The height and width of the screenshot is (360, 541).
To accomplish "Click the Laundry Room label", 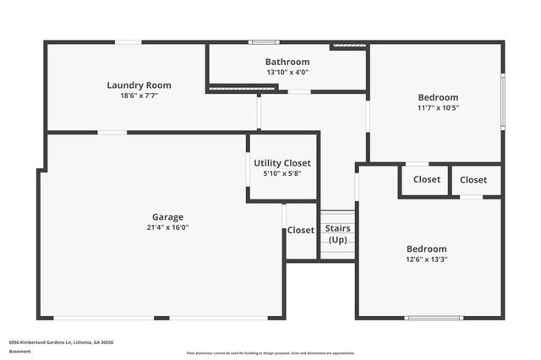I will pos(139,85).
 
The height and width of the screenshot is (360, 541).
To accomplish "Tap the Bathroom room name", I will pos(287,62).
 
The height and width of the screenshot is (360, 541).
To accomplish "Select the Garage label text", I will pos(167,216).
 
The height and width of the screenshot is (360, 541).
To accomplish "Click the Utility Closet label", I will pos(282,162).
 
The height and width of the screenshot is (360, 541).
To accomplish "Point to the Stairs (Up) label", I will pos(338,234).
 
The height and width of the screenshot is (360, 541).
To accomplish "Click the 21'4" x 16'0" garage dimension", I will pos(167,227).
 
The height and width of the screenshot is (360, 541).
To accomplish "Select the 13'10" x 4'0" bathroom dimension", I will pos(287,73).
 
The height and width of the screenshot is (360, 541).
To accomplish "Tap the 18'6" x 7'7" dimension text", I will pos(139,95).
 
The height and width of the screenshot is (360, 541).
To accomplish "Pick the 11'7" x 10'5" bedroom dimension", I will pos(438,107).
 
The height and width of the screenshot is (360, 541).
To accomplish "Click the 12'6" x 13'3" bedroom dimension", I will pos(427,259).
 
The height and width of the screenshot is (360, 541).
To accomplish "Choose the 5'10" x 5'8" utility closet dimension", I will pos(282,173).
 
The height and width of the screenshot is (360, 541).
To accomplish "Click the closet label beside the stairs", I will pos(300,230).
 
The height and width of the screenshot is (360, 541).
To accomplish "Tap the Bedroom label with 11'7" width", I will pos(438,97).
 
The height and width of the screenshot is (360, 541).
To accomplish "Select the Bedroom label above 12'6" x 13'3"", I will pos(427,248).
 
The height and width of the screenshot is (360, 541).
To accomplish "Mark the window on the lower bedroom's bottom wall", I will pos(435,318).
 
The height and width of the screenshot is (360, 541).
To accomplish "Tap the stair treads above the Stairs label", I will pos(338,216).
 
